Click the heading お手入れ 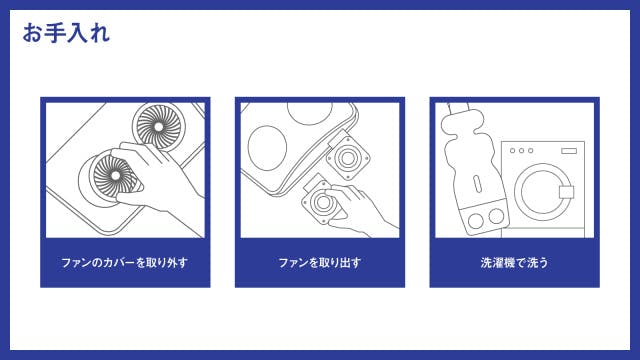point(66,33)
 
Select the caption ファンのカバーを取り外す point(124,262)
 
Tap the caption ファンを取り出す point(320,262)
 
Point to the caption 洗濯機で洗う point(514,262)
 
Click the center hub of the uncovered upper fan point(159,127)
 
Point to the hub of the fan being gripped point(116,176)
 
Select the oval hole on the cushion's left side point(267,148)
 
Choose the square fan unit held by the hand point(322,202)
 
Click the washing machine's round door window point(542,191)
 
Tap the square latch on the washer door point(567,192)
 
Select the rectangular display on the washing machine point(569,151)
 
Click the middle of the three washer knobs point(522,151)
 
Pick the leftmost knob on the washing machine point(513,151)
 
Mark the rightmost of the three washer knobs point(531,151)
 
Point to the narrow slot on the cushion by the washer point(477,183)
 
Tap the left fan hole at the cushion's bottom point(476,221)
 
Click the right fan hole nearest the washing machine point(496,216)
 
